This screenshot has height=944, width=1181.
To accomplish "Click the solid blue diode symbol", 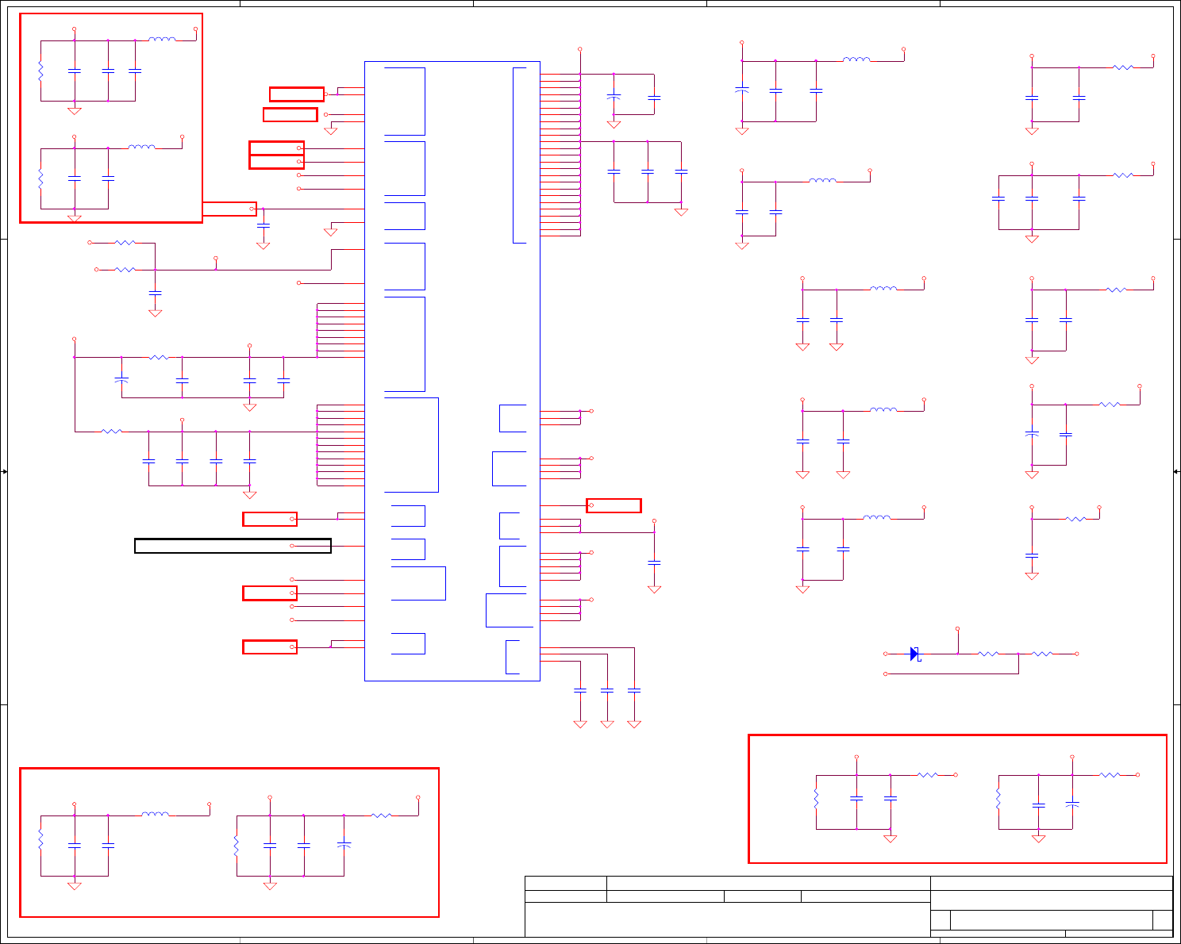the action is point(914,654).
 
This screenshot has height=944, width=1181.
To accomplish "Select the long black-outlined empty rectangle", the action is point(233,546).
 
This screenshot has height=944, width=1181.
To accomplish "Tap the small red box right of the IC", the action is point(614,505).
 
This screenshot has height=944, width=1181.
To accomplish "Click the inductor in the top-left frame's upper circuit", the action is point(162,39).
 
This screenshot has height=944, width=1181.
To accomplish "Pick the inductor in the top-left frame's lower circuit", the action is point(142,147).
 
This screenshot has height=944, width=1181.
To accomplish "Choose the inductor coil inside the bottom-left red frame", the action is point(156,815).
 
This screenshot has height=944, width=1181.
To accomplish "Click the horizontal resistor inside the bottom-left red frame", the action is point(381,815).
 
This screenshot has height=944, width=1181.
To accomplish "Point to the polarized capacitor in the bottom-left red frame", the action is point(344,846).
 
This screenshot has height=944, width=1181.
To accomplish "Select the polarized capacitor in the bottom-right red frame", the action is point(1072,804).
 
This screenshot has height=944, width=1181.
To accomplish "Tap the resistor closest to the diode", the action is point(988,654).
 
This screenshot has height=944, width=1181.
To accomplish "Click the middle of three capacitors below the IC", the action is point(607,691).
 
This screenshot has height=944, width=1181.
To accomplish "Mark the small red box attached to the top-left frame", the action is point(229,209).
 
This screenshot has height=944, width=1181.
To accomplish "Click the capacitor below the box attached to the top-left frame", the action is point(264,226).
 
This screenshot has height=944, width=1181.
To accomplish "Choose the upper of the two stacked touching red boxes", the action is point(276,148).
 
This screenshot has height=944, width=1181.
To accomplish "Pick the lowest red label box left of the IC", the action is point(270,647).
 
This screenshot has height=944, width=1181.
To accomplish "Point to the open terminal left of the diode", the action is point(886,654).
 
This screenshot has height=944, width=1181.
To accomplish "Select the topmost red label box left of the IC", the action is point(296,94).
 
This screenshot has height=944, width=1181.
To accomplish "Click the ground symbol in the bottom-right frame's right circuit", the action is point(1038,838).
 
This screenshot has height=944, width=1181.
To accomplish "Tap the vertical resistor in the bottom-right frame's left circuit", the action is point(816,799).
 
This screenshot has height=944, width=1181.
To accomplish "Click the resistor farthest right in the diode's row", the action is point(1042,654).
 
